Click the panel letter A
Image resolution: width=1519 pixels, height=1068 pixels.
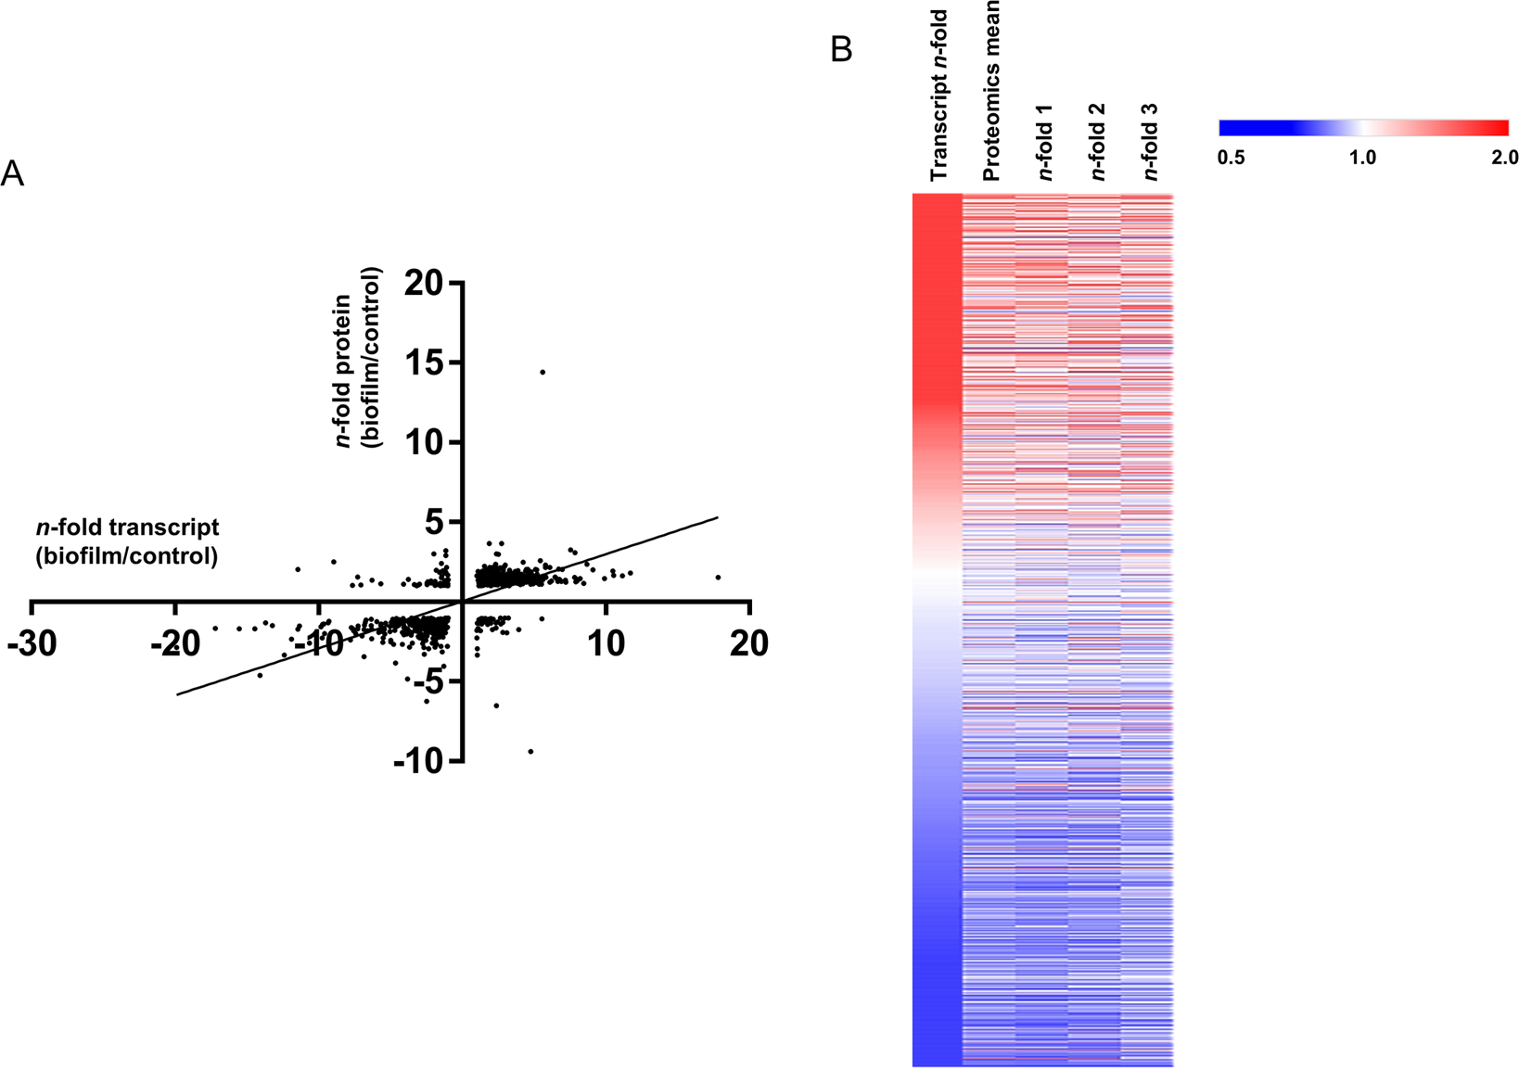[x=12, y=172]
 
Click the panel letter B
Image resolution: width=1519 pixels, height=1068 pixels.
[x=841, y=49]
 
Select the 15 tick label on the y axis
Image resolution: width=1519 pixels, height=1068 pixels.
[x=424, y=362]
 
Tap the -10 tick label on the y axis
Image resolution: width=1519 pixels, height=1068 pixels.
[x=419, y=761]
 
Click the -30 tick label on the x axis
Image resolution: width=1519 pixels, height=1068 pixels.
[x=33, y=642]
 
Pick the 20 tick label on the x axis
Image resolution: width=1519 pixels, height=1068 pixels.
[x=748, y=642]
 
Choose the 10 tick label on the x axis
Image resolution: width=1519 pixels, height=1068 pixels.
[x=606, y=642]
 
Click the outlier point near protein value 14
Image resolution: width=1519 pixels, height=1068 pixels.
[x=542, y=372]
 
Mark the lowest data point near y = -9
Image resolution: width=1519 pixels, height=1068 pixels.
[x=530, y=751]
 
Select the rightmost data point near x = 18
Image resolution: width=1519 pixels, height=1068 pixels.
[x=718, y=578]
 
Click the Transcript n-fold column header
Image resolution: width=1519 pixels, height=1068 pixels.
[x=938, y=95]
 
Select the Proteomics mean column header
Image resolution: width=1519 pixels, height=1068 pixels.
[x=990, y=89]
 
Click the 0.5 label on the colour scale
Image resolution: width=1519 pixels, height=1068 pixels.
[x=1231, y=158]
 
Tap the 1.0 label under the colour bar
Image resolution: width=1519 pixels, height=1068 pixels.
[x=1362, y=158]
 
